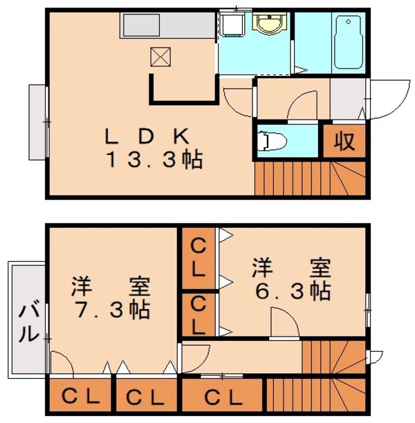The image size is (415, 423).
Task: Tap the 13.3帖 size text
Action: (154, 160)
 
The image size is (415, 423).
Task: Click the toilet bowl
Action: (271, 140)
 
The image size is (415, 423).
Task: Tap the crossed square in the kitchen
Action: (160, 57)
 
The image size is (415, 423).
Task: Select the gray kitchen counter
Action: (168, 26)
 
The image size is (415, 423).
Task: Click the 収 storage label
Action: (344, 141)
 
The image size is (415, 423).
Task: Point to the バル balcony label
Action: (27, 321)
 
